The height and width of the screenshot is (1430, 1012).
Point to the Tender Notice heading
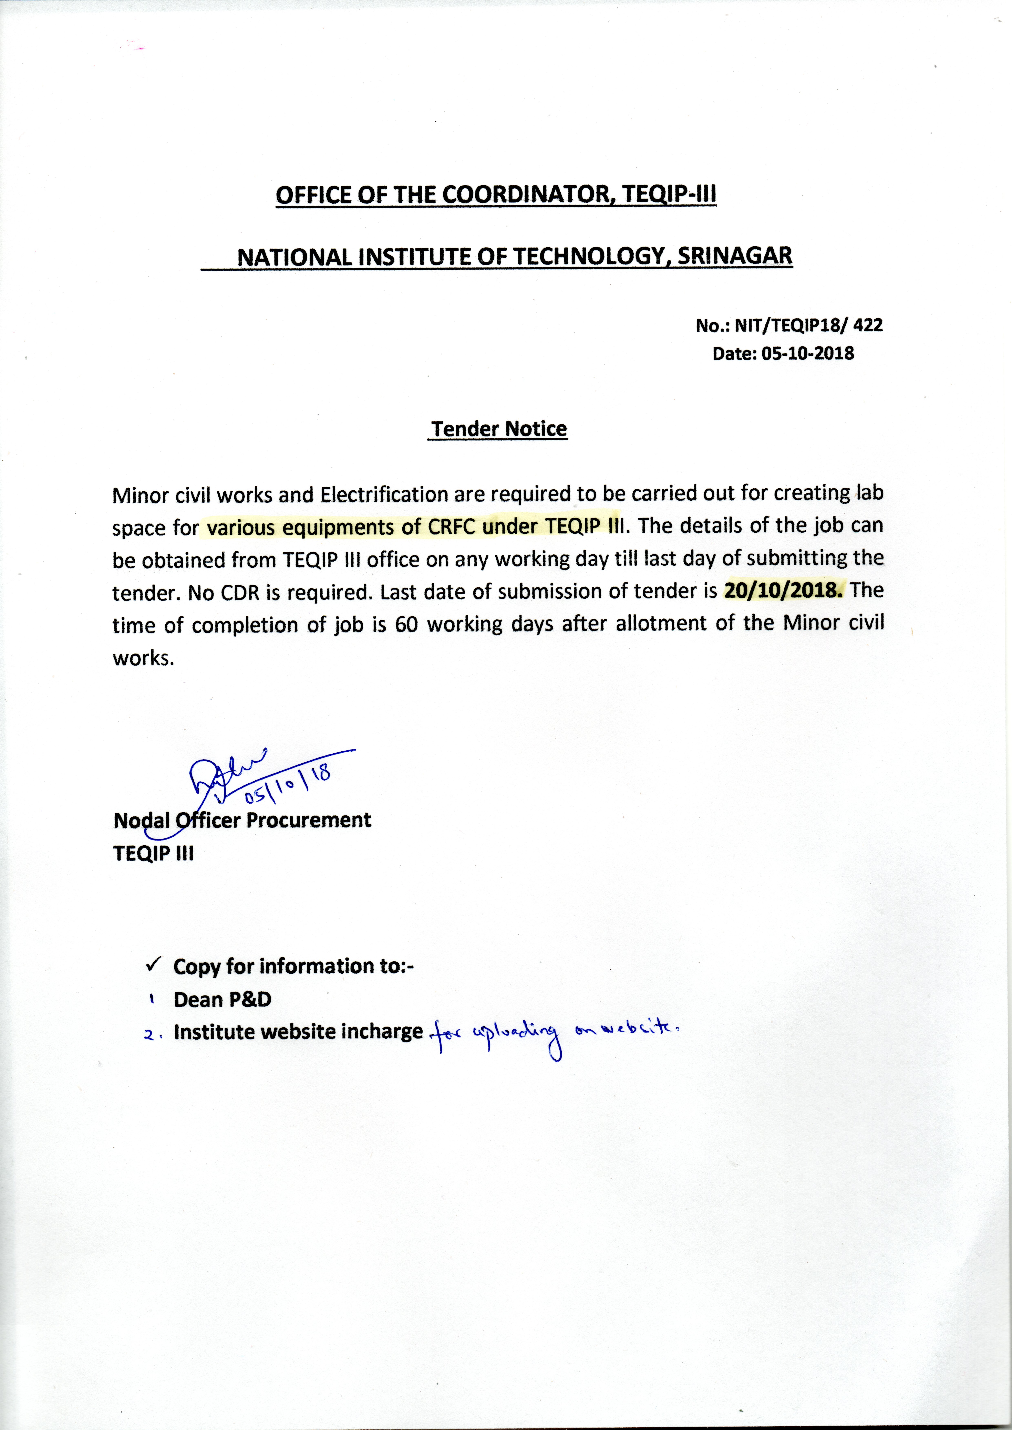pyautogui.click(x=498, y=429)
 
